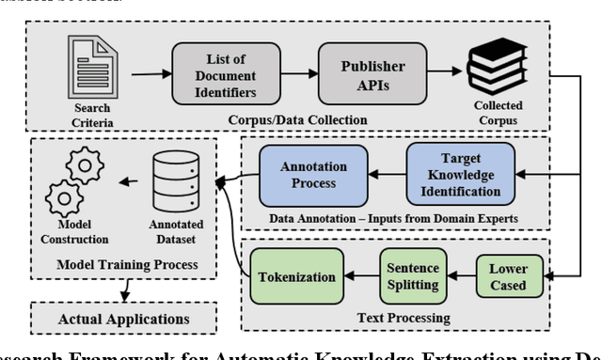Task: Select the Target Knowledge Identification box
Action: coord(462,174)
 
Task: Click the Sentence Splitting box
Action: coord(411,276)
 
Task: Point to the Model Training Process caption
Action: coord(124,265)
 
